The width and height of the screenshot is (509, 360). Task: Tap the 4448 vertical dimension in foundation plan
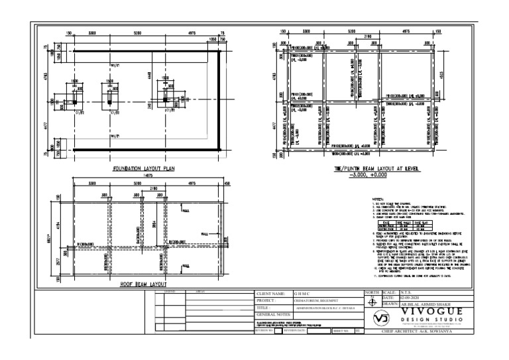[x=151, y=75]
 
